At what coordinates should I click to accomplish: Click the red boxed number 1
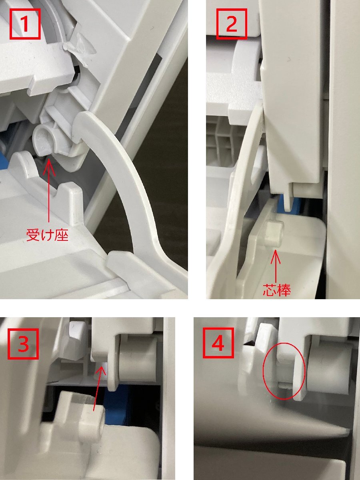(25, 24)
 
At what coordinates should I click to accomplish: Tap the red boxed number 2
(232, 24)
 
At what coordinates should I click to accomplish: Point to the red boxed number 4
(218, 343)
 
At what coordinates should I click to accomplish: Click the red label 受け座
(48, 235)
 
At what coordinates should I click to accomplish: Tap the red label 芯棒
(277, 290)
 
